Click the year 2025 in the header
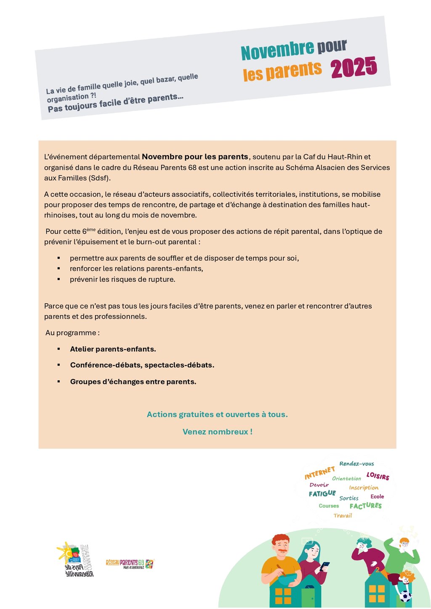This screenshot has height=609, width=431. (354, 67)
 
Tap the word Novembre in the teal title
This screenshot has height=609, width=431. (277, 50)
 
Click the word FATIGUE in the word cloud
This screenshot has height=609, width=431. (322, 493)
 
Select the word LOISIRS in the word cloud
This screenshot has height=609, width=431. (378, 476)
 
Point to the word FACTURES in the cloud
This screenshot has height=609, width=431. (365, 506)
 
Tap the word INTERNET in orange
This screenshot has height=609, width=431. (319, 473)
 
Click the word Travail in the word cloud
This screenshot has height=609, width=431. (343, 516)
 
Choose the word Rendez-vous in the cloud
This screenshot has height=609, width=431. (357, 463)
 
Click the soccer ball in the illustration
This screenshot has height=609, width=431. (405, 596)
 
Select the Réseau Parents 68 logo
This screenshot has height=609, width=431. (130, 564)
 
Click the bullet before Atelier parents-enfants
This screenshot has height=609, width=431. (59, 349)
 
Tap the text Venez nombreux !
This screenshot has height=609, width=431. (217, 432)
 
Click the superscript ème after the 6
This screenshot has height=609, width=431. (91, 229)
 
